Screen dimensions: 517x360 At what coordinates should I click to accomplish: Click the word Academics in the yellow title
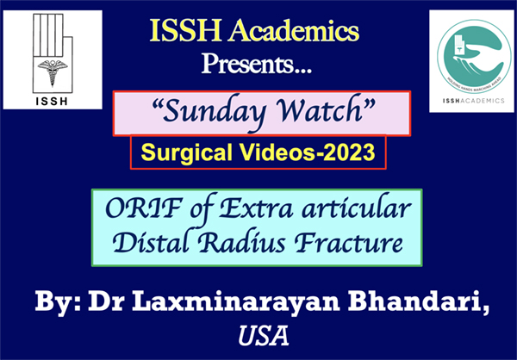click(294, 31)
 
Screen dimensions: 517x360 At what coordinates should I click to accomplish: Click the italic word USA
click(264, 336)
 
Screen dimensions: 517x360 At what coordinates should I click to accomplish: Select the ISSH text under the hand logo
click(52, 102)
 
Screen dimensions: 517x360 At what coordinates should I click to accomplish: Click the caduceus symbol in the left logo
click(53, 71)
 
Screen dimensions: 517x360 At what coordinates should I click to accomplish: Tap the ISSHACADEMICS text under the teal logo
click(473, 101)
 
